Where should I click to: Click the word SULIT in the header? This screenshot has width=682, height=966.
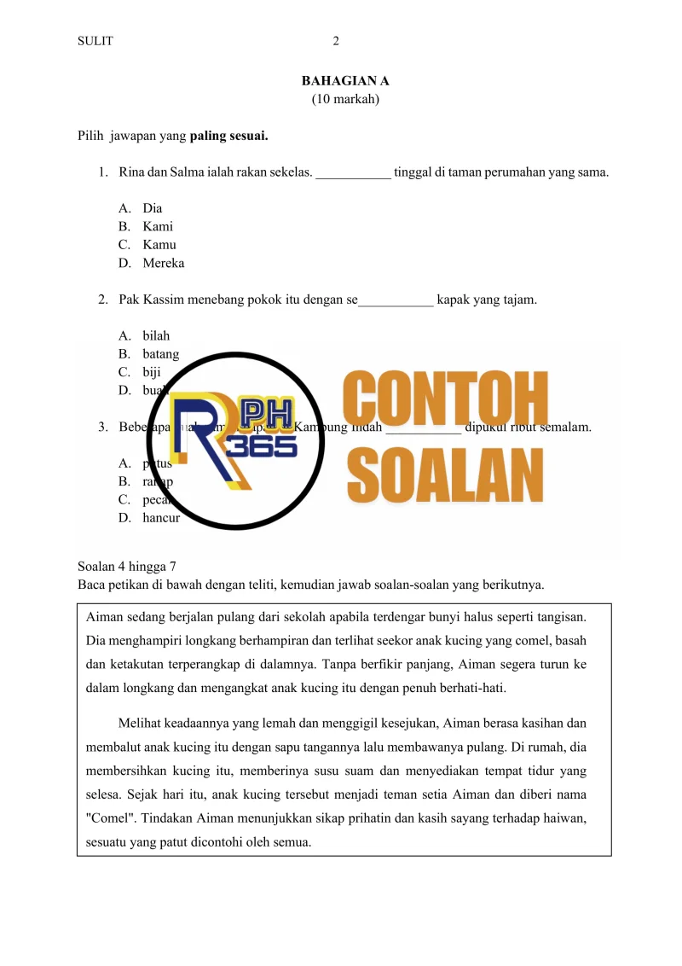click(x=95, y=41)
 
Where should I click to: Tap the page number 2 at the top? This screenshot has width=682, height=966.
click(x=336, y=41)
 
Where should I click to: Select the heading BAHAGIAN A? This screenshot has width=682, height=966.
click(x=345, y=81)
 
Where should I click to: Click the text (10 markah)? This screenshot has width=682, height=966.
click(x=345, y=99)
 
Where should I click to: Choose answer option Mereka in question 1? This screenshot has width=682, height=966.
click(x=163, y=263)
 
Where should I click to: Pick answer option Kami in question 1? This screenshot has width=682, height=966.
click(x=158, y=226)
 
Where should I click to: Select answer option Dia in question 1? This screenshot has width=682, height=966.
click(x=153, y=208)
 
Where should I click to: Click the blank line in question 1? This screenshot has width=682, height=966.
click(x=353, y=173)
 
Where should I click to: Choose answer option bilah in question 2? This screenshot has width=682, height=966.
click(x=156, y=335)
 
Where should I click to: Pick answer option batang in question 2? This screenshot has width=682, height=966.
click(x=161, y=354)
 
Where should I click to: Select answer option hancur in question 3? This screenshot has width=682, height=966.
click(x=161, y=517)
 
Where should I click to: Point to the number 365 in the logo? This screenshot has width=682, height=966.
click(x=268, y=445)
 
